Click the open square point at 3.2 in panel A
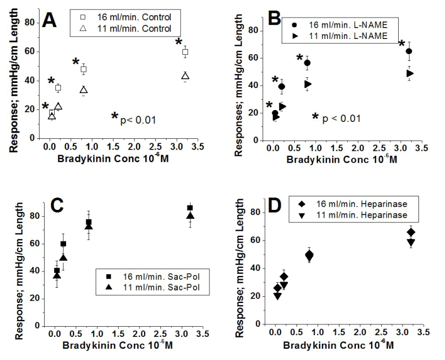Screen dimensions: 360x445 pos(185,52)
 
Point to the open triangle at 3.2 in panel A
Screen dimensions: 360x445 pos(185,76)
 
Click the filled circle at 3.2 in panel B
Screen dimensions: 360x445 pos(409,51)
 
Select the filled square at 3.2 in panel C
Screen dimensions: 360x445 pos(190,208)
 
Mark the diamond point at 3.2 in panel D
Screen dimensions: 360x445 pos(411,232)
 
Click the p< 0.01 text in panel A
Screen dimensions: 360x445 pos(134,119)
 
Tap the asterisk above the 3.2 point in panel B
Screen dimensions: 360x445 pos(402,44)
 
